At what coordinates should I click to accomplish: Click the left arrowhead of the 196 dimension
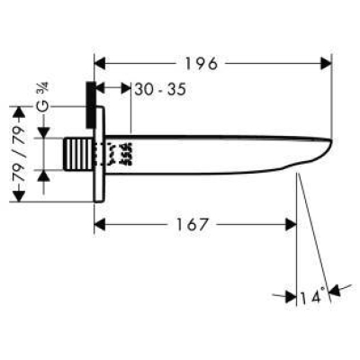click(100, 63)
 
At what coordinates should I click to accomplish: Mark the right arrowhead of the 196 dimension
click(326, 63)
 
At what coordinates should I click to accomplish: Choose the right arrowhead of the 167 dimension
click(291, 224)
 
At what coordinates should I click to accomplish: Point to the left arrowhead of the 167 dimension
click(100, 224)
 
